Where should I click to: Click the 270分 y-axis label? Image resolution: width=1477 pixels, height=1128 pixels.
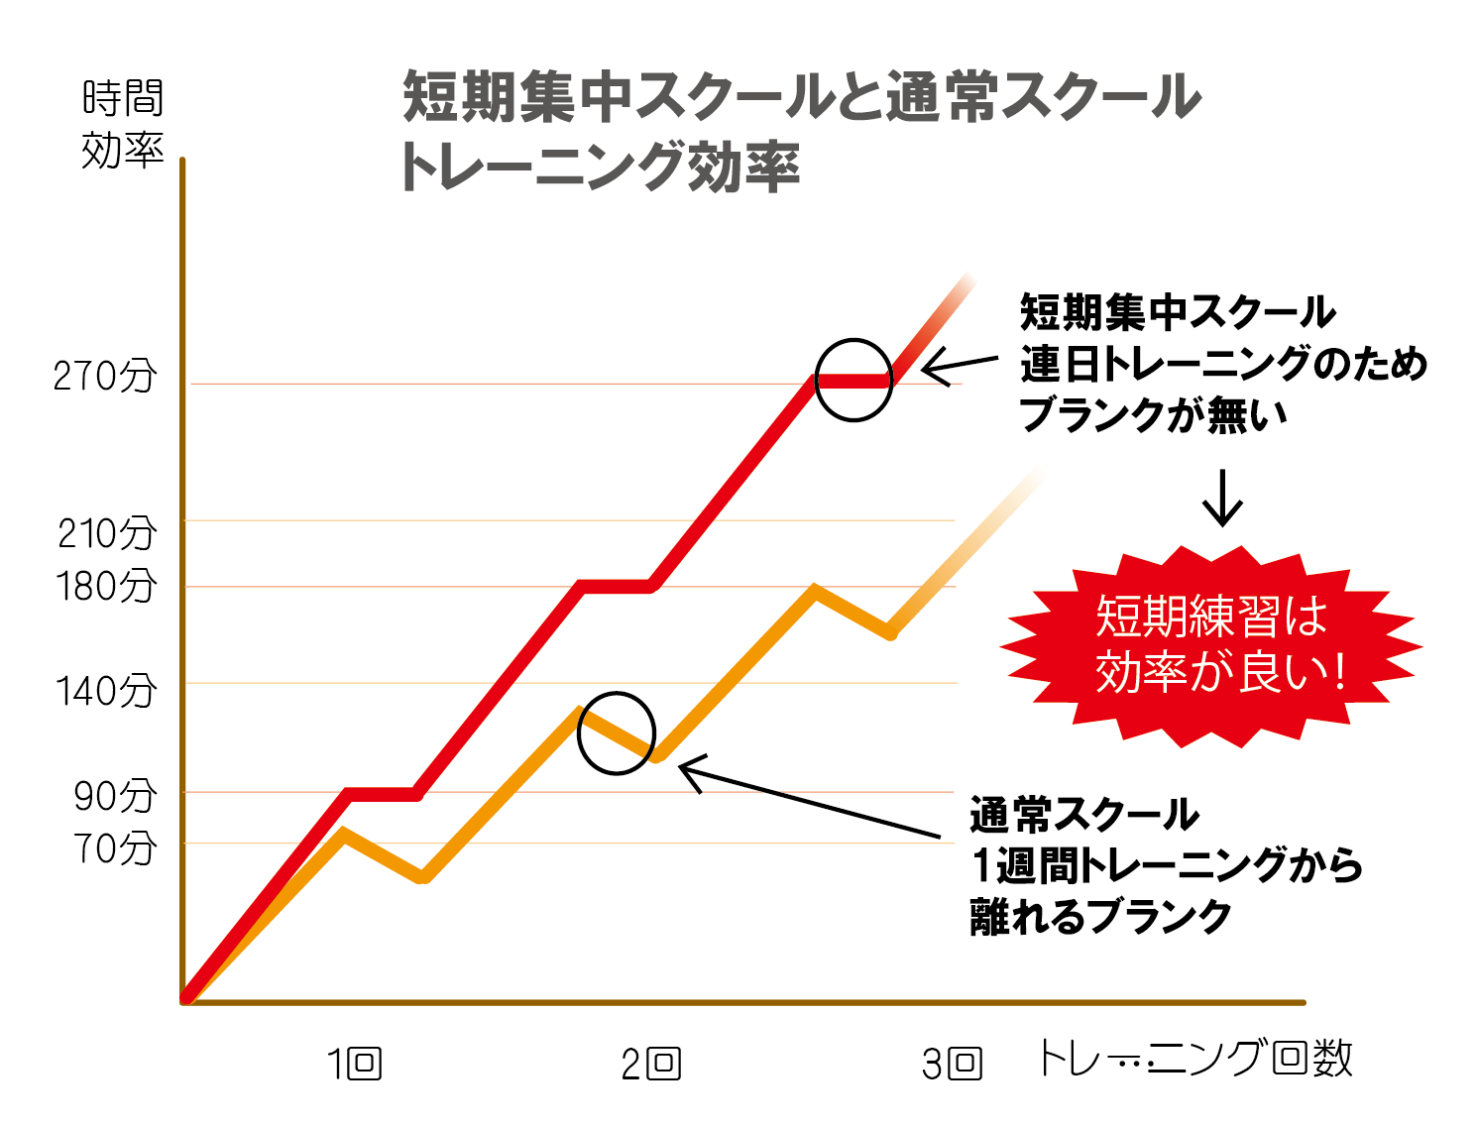click(105, 377)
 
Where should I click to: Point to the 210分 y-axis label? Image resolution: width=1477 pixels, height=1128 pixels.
click(107, 533)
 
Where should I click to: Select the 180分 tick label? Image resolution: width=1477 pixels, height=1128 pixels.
click(107, 586)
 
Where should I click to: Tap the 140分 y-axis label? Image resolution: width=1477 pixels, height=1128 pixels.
click(107, 691)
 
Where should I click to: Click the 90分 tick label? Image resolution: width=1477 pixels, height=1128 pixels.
click(115, 796)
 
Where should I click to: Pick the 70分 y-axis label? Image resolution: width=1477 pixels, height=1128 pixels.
click(115, 848)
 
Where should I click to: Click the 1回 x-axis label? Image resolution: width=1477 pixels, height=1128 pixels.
click(355, 1065)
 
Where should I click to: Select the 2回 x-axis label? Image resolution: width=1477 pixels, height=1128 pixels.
click(650, 1065)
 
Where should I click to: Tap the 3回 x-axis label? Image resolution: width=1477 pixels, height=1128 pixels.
click(952, 1065)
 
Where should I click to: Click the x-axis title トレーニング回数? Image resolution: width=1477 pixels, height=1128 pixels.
click(1194, 1059)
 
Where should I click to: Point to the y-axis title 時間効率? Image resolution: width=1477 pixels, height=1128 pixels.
click(122, 124)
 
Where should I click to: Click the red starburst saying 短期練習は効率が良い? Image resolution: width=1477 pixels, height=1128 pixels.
click(1211, 645)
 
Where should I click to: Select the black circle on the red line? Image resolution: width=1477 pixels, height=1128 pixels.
click(853, 381)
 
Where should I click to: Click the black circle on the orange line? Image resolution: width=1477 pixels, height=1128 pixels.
click(617, 733)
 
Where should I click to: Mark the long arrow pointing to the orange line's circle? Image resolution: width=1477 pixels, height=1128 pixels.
click(808, 801)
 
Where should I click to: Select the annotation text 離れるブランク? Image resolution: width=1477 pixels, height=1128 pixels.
click(1100, 917)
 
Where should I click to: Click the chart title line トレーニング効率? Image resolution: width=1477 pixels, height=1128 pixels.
click(600, 167)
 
